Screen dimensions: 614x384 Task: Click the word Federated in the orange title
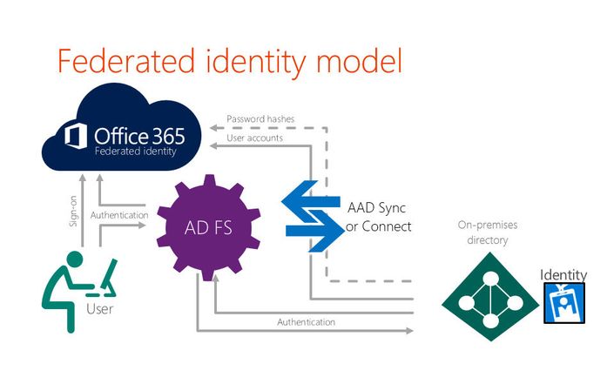pyautogui.click(x=126, y=61)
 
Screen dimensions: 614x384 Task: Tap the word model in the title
pyautogui.click(x=359, y=61)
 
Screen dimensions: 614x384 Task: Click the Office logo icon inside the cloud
pyautogui.click(x=76, y=136)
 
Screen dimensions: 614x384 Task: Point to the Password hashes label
pyautogui.click(x=260, y=118)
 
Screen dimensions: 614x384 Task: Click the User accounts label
pyautogui.click(x=254, y=138)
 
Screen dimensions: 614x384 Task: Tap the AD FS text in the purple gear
pyautogui.click(x=208, y=227)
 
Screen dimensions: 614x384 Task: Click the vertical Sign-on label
pyautogui.click(x=73, y=212)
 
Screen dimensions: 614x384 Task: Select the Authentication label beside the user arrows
pyautogui.click(x=119, y=215)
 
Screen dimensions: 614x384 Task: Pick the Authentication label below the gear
pyautogui.click(x=307, y=322)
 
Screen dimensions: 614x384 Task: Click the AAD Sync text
pyautogui.click(x=377, y=207)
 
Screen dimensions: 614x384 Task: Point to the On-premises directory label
pyautogui.click(x=488, y=232)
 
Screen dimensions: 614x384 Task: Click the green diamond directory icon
pyautogui.click(x=490, y=296)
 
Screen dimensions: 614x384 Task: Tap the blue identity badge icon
pyautogui.click(x=564, y=303)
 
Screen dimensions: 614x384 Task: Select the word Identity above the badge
pyautogui.click(x=563, y=274)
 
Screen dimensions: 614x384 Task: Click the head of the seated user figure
pyautogui.click(x=74, y=259)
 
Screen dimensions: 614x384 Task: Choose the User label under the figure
pyautogui.click(x=100, y=309)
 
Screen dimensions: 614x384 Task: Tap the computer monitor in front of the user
pyautogui.click(x=109, y=274)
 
